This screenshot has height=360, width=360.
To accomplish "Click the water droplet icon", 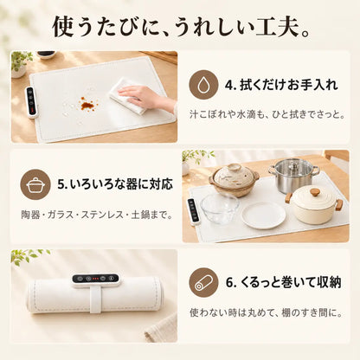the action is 203,85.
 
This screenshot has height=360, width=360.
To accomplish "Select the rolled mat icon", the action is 203,282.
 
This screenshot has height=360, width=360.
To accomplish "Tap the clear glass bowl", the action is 220,209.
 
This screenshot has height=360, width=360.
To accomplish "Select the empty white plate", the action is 262,215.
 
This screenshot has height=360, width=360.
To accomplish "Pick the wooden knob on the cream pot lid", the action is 315,191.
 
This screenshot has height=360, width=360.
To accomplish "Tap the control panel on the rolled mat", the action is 95,279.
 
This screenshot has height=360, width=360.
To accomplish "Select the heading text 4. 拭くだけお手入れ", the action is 281,85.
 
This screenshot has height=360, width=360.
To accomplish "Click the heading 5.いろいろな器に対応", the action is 115,183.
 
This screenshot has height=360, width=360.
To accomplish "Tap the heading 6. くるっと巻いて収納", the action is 284,282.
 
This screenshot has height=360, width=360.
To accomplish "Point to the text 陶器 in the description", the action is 30,215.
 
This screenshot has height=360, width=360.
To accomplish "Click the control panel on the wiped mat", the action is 32,102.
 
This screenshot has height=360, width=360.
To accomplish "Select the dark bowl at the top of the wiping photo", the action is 46,54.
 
